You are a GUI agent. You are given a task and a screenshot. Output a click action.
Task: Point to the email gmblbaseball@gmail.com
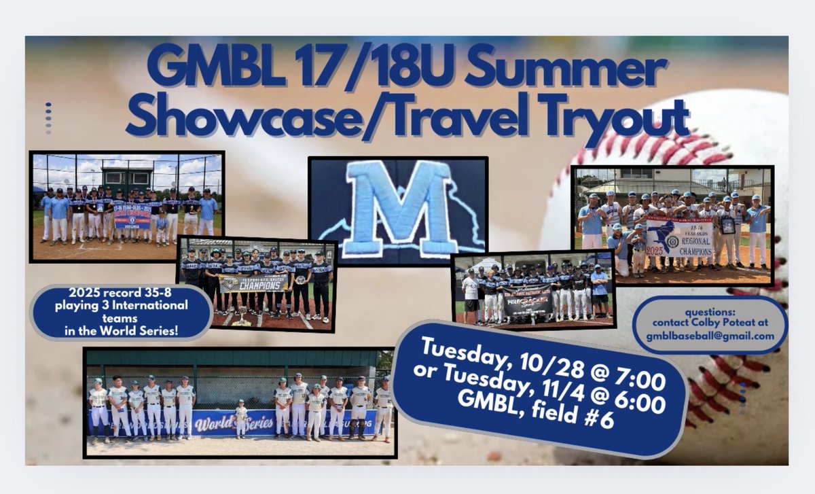(710, 336)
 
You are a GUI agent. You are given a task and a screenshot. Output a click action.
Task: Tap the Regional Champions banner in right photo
(678, 236)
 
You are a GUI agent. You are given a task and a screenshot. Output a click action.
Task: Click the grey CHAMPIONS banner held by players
(253, 282)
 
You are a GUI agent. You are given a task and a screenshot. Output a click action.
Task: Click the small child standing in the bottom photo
(240, 417)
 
